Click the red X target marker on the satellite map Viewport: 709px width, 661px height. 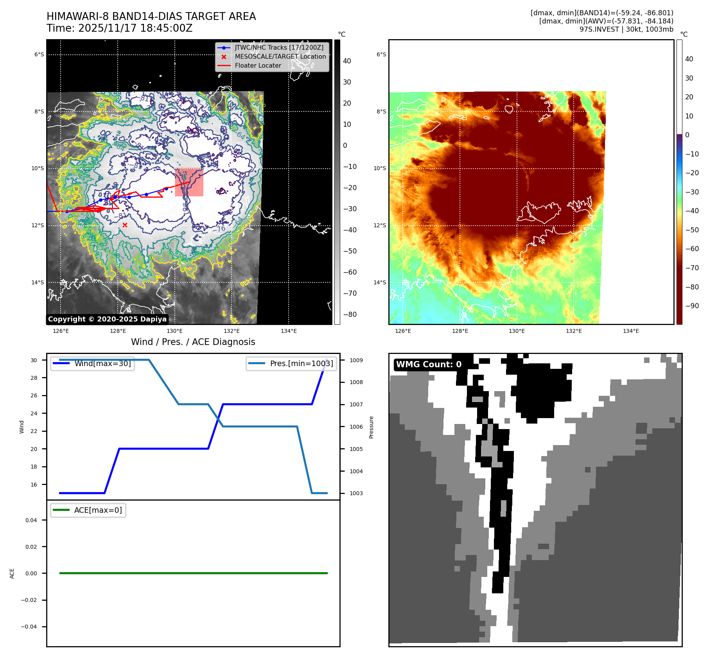coord(125,225)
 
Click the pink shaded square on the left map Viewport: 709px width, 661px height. coord(189,182)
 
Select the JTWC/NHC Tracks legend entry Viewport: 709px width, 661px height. coord(279,47)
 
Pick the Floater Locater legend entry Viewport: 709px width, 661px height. coord(258,65)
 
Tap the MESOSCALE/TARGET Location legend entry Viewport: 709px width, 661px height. coord(280,56)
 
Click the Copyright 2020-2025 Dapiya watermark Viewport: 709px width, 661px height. coord(107,319)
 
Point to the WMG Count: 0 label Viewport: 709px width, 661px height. coord(429,365)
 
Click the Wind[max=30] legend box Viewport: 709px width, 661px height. coord(93,363)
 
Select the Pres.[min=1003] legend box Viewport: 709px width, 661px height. coord(291,363)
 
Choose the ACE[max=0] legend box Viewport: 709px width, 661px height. coord(88,510)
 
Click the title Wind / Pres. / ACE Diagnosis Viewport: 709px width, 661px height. coord(193,342)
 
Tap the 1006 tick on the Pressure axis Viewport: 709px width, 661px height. coord(356,427)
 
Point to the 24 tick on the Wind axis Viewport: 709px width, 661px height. coord(34,413)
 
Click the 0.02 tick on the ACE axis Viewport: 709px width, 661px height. coord(31,547)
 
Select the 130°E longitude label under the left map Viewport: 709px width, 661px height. coord(174,331)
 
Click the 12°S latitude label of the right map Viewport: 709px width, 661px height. coord(379,225)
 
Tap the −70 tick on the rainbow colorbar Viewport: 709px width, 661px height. coord(692,268)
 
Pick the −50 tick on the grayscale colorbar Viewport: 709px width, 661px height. coord(350,251)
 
